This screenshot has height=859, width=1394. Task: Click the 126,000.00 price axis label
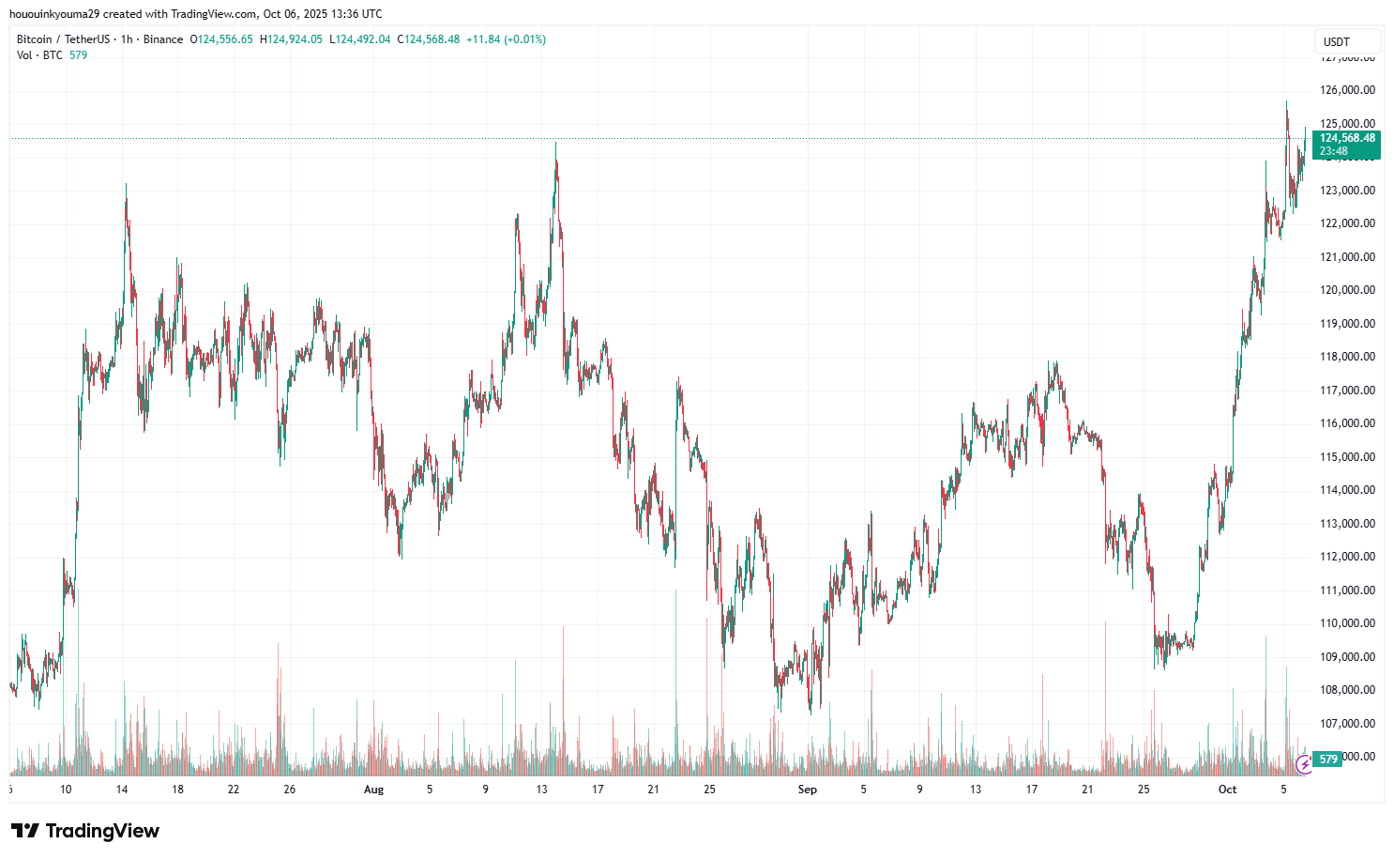tap(1348, 90)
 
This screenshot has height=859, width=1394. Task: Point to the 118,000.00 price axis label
tap(1348, 357)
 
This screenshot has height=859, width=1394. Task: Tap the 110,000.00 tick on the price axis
tap(1348, 623)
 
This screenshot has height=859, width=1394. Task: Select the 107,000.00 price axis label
tap(1348, 724)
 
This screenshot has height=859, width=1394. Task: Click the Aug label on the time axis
tap(373, 790)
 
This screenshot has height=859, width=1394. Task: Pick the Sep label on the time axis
tap(807, 790)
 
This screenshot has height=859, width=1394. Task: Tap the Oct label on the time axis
tap(1227, 790)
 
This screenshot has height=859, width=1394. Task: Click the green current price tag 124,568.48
tap(1347, 138)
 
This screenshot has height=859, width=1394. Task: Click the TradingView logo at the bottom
tap(85, 831)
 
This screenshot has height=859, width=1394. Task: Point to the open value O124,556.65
tap(221, 39)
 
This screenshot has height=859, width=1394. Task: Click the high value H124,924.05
tap(291, 39)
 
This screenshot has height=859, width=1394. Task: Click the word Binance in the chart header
tap(163, 39)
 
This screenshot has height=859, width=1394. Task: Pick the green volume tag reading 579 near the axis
tap(1327, 759)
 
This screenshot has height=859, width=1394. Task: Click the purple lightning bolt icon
tap(1304, 765)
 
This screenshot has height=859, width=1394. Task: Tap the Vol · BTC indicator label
tap(39, 55)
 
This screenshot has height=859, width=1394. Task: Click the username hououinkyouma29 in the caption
tap(53, 14)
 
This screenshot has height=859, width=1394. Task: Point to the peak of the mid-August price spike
tap(555, 144)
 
